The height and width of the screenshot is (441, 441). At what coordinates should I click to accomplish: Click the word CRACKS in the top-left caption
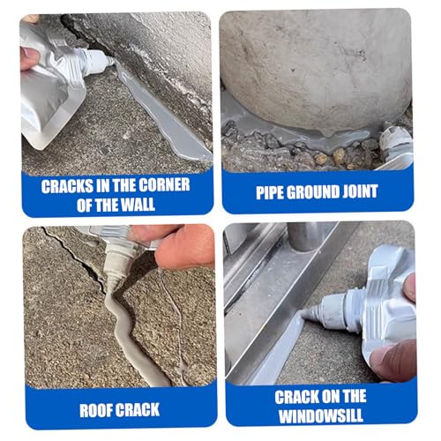point(67,186)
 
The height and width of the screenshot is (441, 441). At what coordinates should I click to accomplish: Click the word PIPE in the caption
point(270,192)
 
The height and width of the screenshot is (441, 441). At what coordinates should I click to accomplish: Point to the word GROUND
point(312,192)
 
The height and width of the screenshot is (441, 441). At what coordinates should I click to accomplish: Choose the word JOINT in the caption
point(360,191)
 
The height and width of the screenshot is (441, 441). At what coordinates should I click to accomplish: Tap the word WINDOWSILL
point(321,416)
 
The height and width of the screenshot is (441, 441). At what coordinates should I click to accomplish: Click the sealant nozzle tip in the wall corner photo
point(111,61)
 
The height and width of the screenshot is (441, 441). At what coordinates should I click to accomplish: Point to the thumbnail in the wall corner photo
point(29,56)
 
